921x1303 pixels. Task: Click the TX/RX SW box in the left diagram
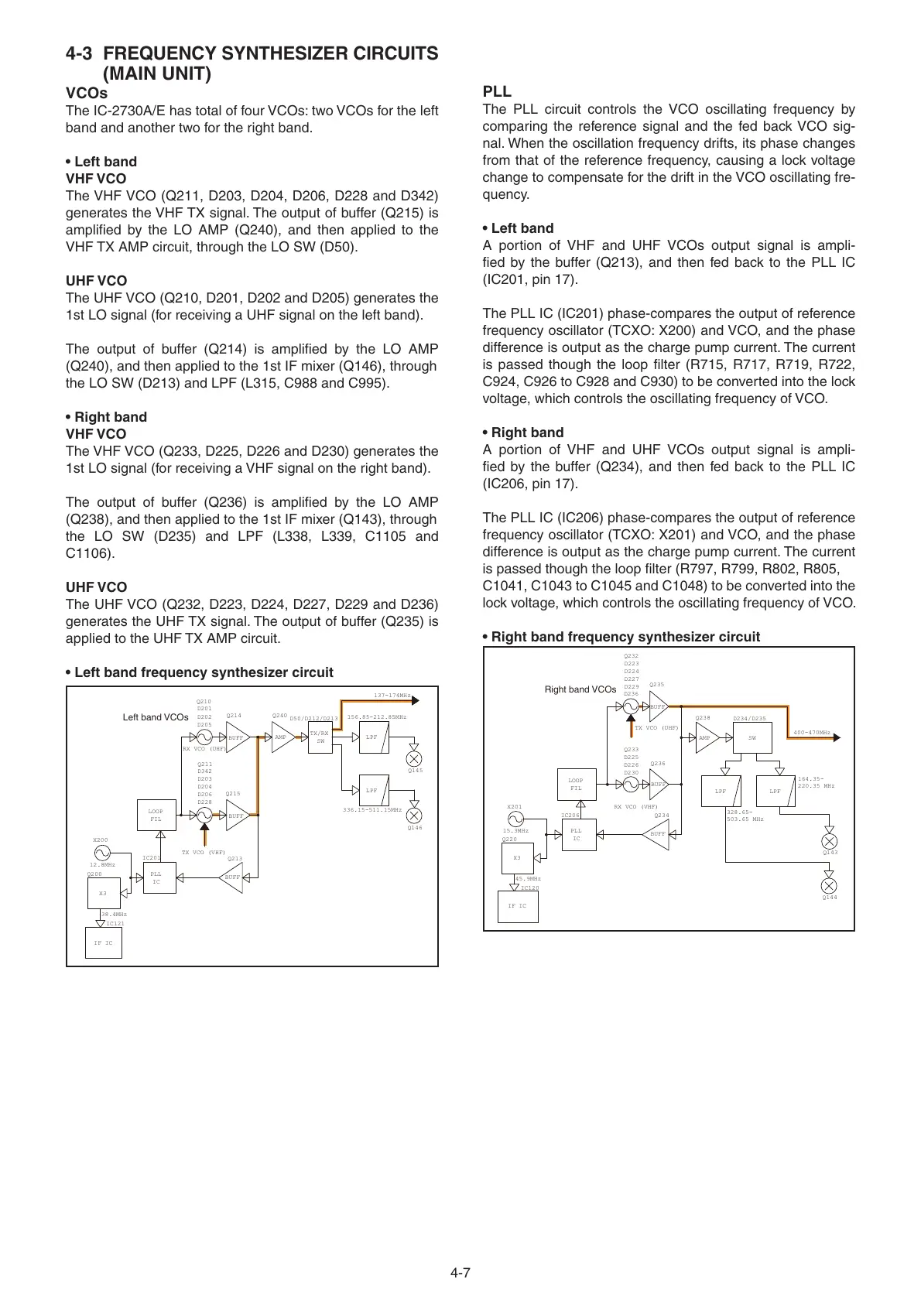tap(320, 737)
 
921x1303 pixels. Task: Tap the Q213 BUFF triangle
tap(233, 877)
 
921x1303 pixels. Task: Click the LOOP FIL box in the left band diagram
tap(156, 815)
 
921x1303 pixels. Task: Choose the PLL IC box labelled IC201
tap(156, 877)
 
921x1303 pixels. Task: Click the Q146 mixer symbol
tap(414, 815)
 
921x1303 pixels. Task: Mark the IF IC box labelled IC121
tap(103, 942)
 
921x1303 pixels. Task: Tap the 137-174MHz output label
tap(392, 696)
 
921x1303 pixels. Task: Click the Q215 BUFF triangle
tap(235, 816)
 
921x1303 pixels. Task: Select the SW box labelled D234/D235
tap(752, 738)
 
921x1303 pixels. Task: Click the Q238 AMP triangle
tap(706, 738)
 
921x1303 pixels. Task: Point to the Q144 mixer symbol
tap(829, 885)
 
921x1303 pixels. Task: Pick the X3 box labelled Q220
tap(517, 857)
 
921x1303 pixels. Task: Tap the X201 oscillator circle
tap(515, 819)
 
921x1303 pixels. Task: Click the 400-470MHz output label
tap(811, 732)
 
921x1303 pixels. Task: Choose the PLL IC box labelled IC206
tap(577, 834)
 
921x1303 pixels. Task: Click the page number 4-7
tap(460, 1272)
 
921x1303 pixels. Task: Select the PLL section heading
tap(497, 91)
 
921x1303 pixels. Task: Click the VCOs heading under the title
tap(87, 94)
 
